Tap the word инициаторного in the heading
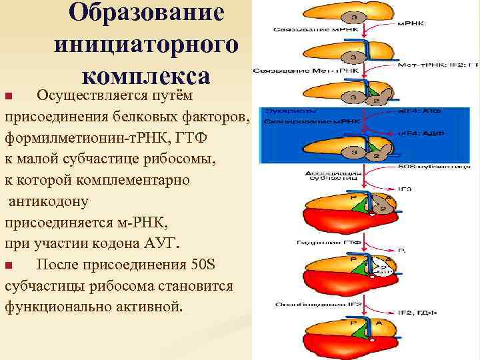tap(147, 45)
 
